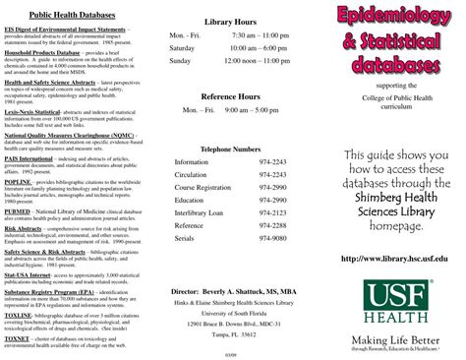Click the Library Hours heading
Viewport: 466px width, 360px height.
click(230, 21)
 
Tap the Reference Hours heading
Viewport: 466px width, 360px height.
click(230, 96)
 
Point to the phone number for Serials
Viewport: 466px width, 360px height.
click(272, 237)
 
